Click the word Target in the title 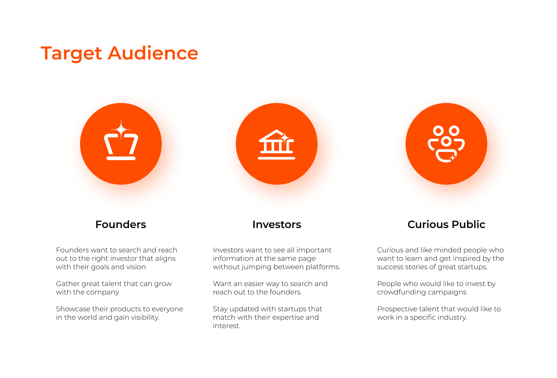click(x=71, y=54)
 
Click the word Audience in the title click(x=153, y=53)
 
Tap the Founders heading click(x=121, y=224)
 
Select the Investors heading click(x=277, y=224)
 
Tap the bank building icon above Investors click(x=276, y=144)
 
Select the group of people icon click(x=446, y=144)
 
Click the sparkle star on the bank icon click(x=285, y=138)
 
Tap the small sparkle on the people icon click(x=453, y=158)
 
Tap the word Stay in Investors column click(x=220, y=309)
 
